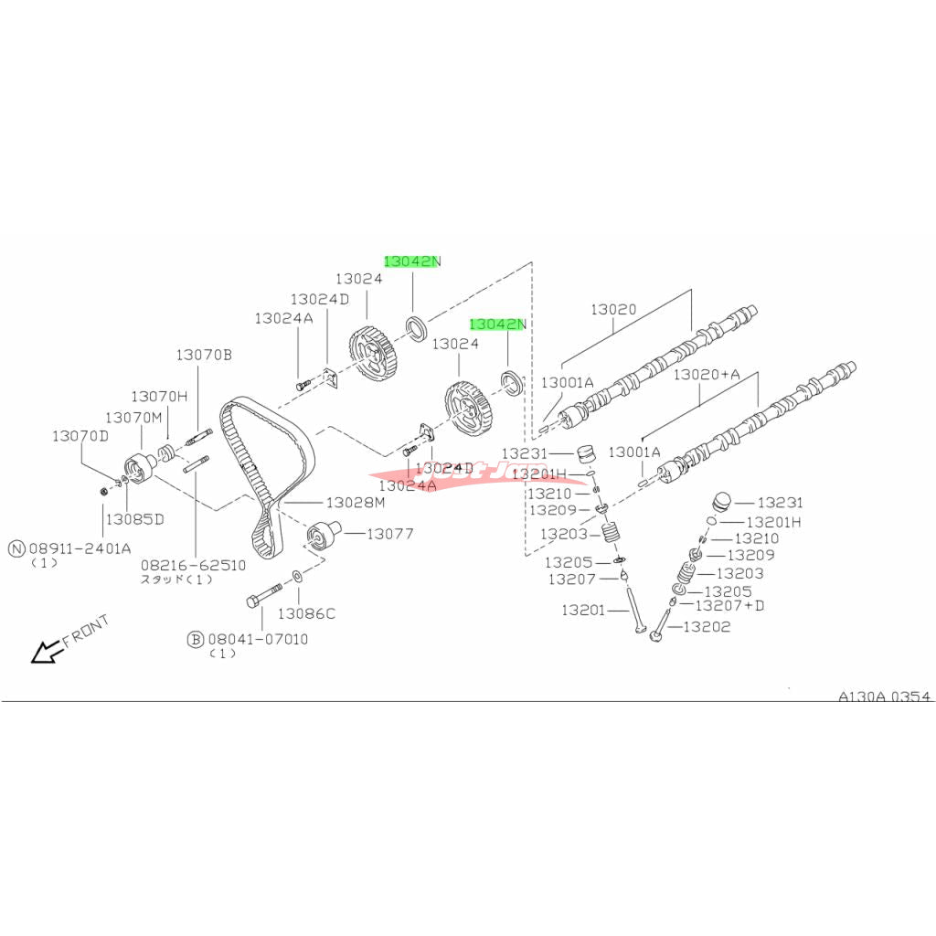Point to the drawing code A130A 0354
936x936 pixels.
click(x=884, y=697)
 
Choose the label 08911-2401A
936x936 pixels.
click(x=80, y=548)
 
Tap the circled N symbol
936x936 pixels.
click(x=16, y=548)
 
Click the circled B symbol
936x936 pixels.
click(x=195, y=639)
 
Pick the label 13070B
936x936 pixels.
click(x=205, y=354)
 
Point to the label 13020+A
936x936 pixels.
click(x=707, y=375)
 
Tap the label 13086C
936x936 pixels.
click(x=306, y=613)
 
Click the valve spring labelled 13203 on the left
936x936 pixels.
click(x=608, y=535)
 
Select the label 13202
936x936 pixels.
click(x=707, y=626)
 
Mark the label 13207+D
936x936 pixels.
click(x=729, y=605)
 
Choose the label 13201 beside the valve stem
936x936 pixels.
click(x=583, y=610)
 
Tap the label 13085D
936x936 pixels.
click(x=133, y=518)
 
